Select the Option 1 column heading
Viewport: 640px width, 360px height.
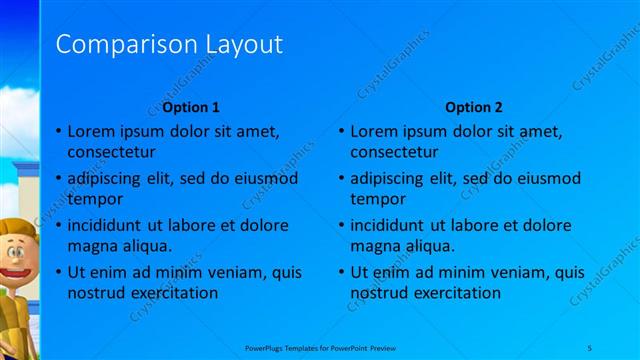tap(191, 107)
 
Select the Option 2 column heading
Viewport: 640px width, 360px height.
tap(474, 107)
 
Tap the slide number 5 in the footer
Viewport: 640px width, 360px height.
tap(591, 345)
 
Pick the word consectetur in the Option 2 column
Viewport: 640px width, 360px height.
tap(393, 152)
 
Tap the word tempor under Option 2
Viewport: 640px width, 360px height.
tap(377, 199)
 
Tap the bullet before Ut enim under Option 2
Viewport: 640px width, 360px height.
tap(341, 272)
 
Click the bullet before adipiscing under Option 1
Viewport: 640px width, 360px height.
tap(58, 178)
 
